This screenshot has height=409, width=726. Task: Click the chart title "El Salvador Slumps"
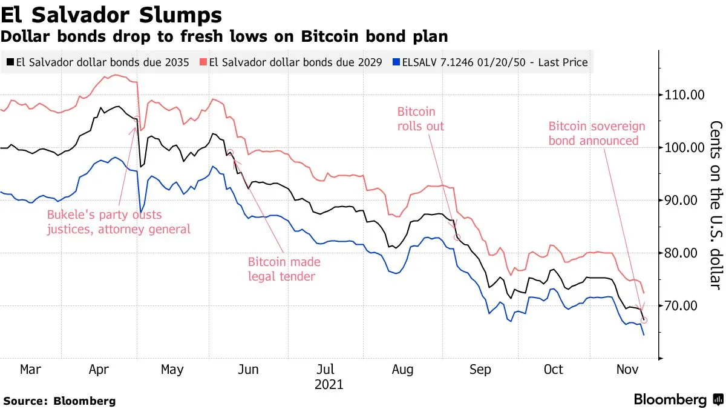click(x=111, y=14)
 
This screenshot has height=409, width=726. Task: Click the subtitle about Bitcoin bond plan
click(x=224, y=36)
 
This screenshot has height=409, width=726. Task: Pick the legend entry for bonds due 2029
click(x=295, y=62)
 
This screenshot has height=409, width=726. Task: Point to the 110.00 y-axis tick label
click(x=684, y=95)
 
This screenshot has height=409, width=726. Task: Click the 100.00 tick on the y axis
click(x=684, y=148)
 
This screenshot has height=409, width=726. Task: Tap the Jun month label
click(x=249, y=370)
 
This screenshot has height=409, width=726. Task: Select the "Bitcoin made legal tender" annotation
click(x=284, y=270)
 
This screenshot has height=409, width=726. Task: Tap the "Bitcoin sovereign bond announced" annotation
click(x=597, y=133)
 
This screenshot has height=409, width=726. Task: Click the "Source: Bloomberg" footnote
click(x=59, y=401)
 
